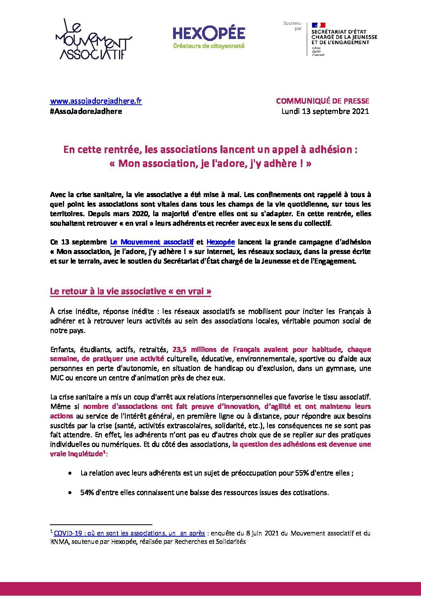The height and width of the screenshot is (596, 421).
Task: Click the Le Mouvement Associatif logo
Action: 94,39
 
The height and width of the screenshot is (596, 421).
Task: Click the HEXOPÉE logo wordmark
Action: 209,34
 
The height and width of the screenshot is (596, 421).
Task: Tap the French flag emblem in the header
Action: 318,25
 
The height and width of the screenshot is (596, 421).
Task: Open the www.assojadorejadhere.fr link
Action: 96,101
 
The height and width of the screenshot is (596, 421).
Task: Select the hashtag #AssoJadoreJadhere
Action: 86,111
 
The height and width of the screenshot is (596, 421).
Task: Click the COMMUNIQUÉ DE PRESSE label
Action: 322,101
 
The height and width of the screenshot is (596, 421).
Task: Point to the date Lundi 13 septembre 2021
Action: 325,111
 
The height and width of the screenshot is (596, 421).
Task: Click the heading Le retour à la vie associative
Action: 130,291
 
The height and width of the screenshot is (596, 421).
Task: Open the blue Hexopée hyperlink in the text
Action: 221,242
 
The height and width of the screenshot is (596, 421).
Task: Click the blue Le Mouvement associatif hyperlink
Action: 152,242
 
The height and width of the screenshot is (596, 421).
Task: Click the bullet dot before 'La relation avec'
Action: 70,473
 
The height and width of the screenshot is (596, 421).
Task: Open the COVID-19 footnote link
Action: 129,533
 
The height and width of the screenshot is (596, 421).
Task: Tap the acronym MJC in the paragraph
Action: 57,378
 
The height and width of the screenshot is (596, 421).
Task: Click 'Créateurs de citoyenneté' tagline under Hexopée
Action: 209,46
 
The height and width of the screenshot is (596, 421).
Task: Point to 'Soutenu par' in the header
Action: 292,26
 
